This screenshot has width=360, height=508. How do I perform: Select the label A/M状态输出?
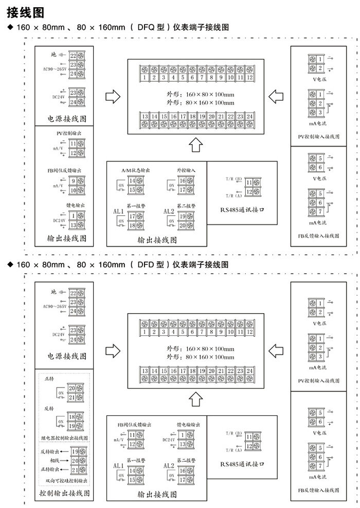(x=133, y=170)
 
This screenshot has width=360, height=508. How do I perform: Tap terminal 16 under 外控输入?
(x=182, y=180)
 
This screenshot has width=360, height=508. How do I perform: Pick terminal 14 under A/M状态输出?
(x=132, y=180)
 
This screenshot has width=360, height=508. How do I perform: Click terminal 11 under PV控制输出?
(x=74, y=144)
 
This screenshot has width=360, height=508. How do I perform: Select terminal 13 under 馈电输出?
(x=74, y=225)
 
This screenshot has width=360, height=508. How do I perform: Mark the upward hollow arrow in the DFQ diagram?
(x=195, y=145)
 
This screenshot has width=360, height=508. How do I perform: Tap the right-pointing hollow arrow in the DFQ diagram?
(x=112, y=96)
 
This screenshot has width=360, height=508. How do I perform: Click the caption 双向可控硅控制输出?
(x=66, y=481)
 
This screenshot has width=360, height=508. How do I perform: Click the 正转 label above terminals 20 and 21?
(x=49, y=378)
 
